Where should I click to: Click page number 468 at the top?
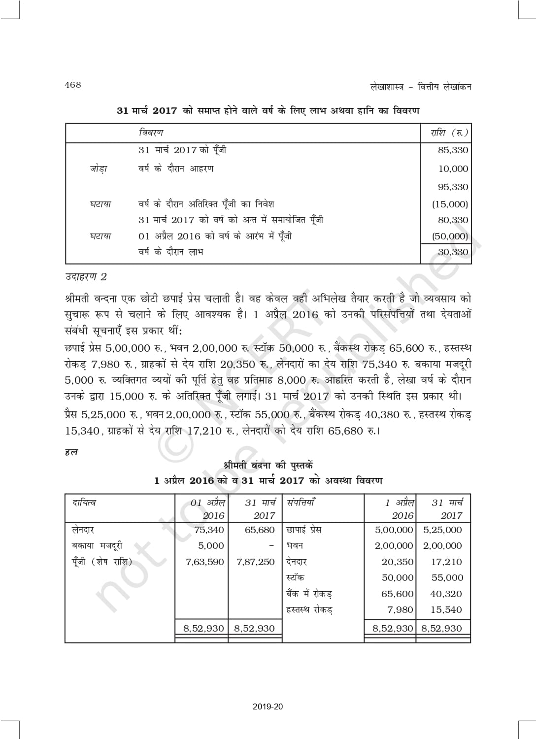point(72,85)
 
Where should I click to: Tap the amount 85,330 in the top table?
point(453,150)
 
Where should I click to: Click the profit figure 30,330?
point(453,252)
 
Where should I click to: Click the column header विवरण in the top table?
point(151,133)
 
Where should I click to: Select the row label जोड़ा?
point(99,169)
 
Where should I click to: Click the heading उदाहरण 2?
point(86,277)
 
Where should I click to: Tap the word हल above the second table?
point(71,452)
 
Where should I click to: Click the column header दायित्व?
point(84,503)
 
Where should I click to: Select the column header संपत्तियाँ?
point(301,503)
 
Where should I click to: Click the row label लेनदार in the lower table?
point(83,530)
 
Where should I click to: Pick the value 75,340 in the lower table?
point(209,530)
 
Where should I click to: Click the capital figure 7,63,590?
point(204,562)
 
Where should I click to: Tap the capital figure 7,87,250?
point(255,562)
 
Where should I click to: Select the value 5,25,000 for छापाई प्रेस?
point(442,530)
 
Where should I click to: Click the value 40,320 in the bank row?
point(446,594)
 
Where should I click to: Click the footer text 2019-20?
point(268,707)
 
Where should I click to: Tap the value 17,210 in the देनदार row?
point(446,562)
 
